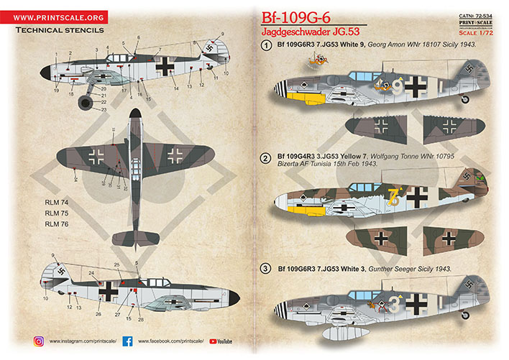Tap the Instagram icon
click(39, 341)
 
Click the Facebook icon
click(127, 341)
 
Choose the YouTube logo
click(224, 341)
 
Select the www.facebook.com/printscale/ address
click(171, 341)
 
